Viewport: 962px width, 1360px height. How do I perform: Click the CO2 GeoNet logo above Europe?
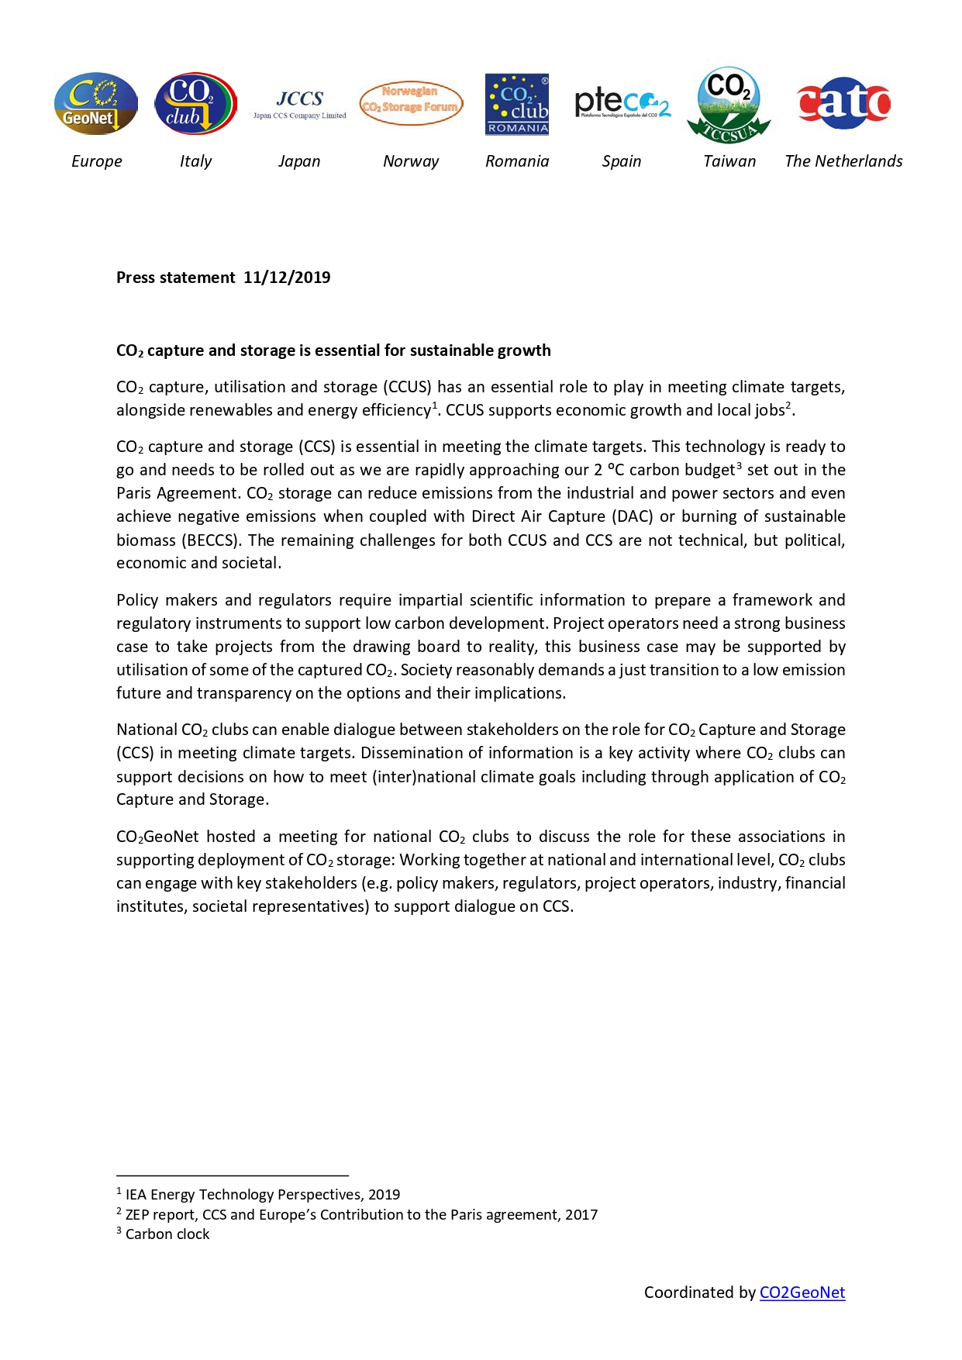coord(95,104)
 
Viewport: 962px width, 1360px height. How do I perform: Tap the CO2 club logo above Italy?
coord(195,104)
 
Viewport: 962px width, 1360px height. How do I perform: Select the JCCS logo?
coord(300,104)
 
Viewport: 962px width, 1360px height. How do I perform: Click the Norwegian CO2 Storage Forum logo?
coord(411,103)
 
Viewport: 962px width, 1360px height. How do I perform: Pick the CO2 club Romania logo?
coord(517,105)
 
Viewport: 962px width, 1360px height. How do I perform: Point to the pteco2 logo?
coord(622,103)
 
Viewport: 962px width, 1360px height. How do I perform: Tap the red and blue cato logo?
coord(843,103)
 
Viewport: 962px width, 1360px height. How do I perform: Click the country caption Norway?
coord(411,161)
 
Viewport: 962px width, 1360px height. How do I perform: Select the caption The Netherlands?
coord(843,161)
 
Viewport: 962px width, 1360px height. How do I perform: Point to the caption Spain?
coord(622,161)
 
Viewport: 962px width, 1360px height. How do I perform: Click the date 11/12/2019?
coord(287,278)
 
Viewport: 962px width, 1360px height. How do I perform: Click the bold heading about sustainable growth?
coord(333,350)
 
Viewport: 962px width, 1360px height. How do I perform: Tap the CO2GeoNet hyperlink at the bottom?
coord(802,1293)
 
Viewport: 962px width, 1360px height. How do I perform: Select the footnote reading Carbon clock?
coord(167,1234)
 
